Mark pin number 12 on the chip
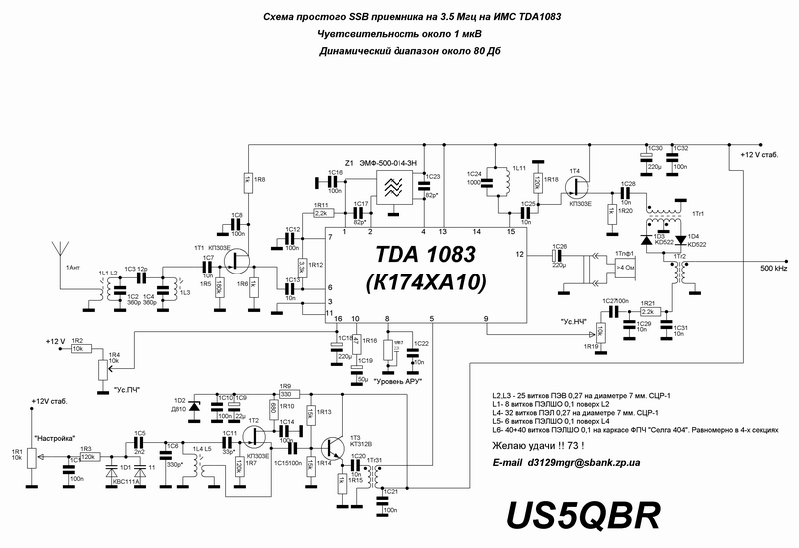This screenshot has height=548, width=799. pos(519,255)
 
